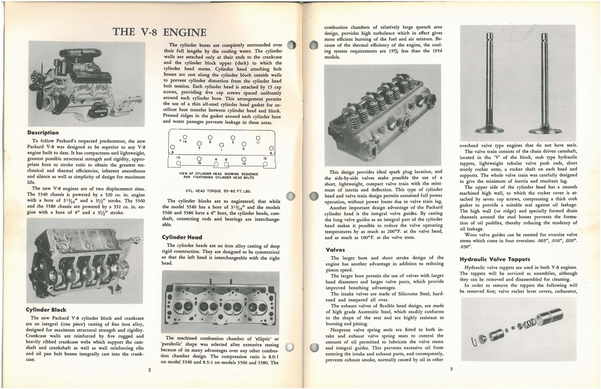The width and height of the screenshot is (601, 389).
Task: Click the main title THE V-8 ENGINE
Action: [x=160, y=32]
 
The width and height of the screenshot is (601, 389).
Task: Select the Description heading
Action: [x=43, y=133]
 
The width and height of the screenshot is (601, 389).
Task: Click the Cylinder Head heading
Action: [x=182, y=237]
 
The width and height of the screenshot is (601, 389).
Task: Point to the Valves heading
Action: [x=335, y=250]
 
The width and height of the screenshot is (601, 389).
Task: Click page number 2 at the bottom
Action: [x=149, y=370]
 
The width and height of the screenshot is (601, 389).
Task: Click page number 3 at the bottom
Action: [x=451, y=369]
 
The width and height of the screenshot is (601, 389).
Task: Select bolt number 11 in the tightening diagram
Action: [x=258, y=138]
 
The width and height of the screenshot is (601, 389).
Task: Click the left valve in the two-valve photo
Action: [x=489, y=83]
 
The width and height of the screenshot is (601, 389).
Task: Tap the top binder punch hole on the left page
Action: [x=291, y=45]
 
